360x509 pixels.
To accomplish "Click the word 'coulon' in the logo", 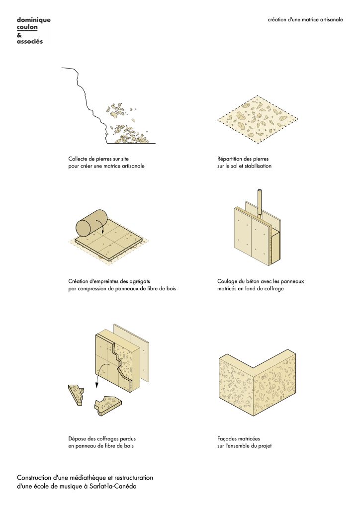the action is tap(27, 27).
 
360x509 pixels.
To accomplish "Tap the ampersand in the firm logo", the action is tap(19, 35).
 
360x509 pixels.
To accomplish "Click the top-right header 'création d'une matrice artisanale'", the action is tap(305, 19).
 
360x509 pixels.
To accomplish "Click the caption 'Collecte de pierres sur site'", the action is tap(98, 159).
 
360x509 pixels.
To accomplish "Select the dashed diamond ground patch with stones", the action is tap(258, 119).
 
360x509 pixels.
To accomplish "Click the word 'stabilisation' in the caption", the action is tap(258, 166).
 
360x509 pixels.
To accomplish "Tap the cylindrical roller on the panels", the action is tap(91, 223).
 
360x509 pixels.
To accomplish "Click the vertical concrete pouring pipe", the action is tap(259, 202).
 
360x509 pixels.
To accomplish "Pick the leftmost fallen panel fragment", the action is tap(76, 394).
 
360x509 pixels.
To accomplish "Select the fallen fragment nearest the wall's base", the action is tap(108, 405).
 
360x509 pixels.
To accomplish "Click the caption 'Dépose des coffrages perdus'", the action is tap(102, 439).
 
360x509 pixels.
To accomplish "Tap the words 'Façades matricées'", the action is tap(239, 439).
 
